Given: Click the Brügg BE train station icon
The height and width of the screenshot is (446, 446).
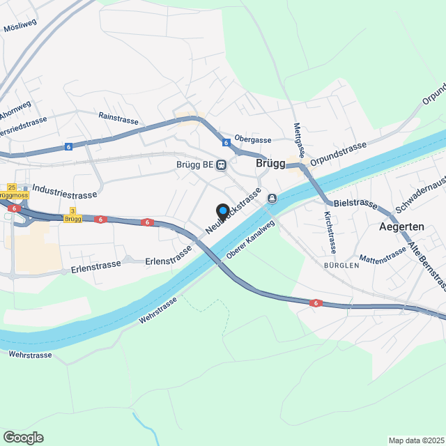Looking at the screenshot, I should click(222, 165).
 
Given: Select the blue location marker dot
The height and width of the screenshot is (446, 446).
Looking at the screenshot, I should click(223, 210).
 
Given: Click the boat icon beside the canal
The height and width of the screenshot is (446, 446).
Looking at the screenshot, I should click(272, 199).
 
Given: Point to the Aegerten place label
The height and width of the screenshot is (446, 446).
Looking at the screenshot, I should click(402, 227).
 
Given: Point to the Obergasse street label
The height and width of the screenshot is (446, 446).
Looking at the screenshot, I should click(252, 139).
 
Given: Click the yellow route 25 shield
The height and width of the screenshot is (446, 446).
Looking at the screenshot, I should click(11, 187).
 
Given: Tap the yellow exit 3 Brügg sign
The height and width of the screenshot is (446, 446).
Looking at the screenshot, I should click(72, 215).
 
